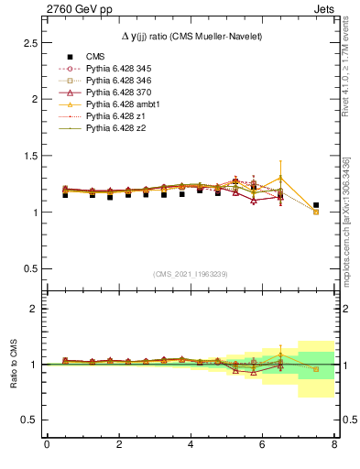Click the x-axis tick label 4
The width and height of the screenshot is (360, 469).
191,444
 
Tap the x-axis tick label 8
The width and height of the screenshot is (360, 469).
333,444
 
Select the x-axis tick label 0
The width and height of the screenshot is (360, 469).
47,444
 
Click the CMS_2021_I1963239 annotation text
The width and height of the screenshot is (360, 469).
190,274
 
